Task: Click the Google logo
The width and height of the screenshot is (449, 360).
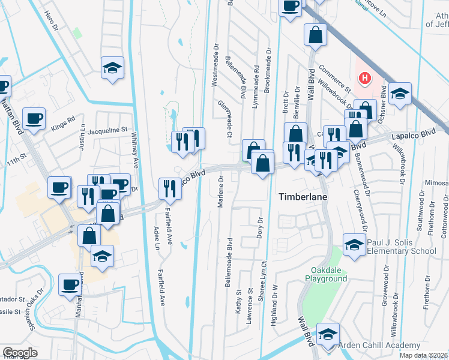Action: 20,353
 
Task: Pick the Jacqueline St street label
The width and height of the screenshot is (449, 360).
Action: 108,130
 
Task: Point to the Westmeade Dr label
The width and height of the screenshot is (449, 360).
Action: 214,64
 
